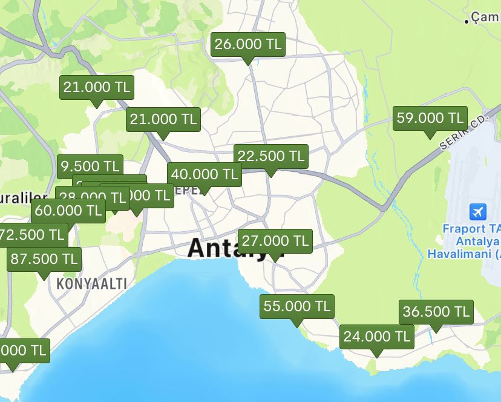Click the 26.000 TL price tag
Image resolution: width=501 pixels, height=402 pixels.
(248, 44)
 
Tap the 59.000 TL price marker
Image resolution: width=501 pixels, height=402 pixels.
(430, 117)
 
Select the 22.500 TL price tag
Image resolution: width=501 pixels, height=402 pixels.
(271, 156)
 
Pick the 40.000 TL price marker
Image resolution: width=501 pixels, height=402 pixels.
(205, 174)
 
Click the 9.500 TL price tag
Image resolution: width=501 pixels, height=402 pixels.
(90, 166)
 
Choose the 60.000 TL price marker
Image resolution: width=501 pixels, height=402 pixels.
(68, 211)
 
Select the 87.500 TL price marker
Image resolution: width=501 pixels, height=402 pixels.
(44, 259)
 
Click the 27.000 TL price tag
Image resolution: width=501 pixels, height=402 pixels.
(275, 241)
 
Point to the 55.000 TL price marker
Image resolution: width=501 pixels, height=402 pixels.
(297, 306)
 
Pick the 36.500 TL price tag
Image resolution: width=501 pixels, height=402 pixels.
(436, 312)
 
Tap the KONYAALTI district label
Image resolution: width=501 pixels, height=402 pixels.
(92, 283)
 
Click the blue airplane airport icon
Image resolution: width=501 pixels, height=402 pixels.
(478, 213)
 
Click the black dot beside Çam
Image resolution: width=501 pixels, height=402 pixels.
(467, 21)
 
